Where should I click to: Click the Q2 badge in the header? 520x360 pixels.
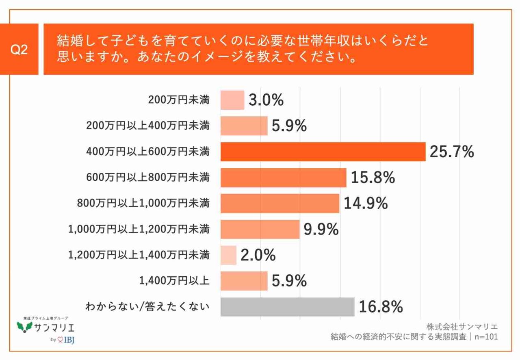click(x=19, y=50)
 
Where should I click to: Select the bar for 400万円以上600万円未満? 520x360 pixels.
click(x=323, y=152)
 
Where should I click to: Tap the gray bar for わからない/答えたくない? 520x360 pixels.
click(x=287, y=307)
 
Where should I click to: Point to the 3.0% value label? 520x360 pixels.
click(x=266, y=100)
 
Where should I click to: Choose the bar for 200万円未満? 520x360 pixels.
click(x=232, y=100)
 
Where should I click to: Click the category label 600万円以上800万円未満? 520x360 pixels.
click(x=148, y=178)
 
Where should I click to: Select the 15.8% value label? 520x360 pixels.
click(x=372, y=178)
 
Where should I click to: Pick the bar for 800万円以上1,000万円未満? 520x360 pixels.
click(x=280, y=203)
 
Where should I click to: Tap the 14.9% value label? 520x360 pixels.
click(x=365, y=203)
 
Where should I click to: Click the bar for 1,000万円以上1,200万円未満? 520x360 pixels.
click(x=260, y=229)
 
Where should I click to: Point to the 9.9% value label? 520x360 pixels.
click(x=321, y=230)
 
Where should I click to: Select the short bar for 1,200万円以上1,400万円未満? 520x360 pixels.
click(x=228, y=255)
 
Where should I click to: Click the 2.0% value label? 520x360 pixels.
click(x=258, y=255)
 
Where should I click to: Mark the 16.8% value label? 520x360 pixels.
click(x=380, y=307)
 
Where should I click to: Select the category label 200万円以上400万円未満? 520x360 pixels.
click(x=148, y=126)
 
